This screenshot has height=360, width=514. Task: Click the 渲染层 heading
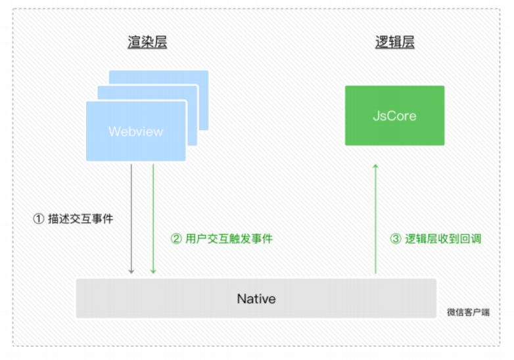[x=147, y=42]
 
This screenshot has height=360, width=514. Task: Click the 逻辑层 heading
[x=394, y=42]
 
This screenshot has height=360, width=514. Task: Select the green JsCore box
[x=394, y=116]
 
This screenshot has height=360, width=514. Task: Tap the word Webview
[x=135, y=131]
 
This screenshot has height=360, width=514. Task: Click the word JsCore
[x=394, y=116]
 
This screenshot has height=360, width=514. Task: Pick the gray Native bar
[x=256, y=298]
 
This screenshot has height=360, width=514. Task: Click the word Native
[x=256, y=299]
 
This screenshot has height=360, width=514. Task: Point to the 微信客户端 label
[x=468, y=312]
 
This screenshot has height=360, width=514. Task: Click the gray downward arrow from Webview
[x=131, y=219]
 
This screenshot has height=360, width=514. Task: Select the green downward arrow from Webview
[x=153, y=219]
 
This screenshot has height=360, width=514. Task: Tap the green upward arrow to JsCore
[x=376, y=219]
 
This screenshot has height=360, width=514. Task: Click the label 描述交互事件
[x=81, y=219]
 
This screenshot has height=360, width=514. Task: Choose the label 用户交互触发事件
[x=229, y=238]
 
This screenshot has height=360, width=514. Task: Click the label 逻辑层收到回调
[x=443, y=238]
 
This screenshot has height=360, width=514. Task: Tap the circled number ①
[x=39, y=219]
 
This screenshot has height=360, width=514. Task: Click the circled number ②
[x=176, y=238]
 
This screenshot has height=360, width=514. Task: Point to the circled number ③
[x=396, y=238]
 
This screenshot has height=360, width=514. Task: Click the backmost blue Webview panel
[x=202, y=99]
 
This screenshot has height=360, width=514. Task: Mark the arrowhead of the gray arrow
[x=131, y=271]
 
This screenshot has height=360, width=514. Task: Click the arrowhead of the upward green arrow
[x=376, y=166]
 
